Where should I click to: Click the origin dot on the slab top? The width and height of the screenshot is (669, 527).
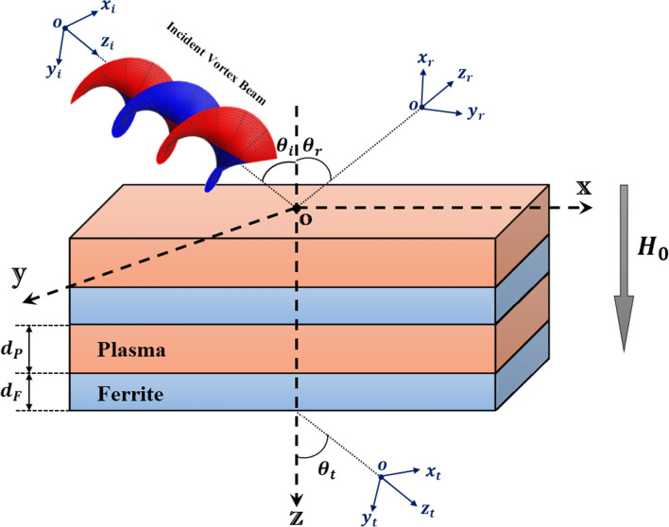point(297,207)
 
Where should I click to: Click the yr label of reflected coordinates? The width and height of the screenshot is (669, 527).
point(477,111)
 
